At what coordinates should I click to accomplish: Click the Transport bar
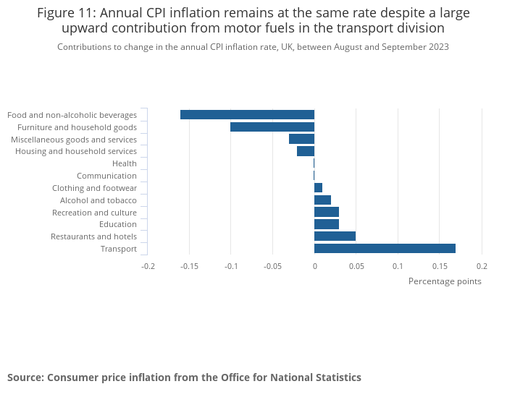pos(385,249)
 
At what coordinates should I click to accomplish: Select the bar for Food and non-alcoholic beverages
pos(247,114)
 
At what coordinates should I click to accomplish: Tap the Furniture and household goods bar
pos(272,127)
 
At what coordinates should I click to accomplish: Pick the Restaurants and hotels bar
pos(335,236)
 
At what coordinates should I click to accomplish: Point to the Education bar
pos(327,224)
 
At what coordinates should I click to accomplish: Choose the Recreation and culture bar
pos(327,212)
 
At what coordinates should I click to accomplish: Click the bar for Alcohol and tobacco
pos(322,200)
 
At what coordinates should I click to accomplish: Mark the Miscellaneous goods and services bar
pos(301,139)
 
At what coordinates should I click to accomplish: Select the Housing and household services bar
pos(306,151)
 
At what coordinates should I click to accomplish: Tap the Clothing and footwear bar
pos(318,188)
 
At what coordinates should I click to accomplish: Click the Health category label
pos(124,163)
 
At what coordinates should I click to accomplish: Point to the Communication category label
pos(106,176)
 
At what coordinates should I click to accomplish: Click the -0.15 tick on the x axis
pos(189,265)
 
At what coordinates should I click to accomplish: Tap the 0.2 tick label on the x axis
pos(482,265)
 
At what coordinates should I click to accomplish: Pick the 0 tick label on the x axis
pos(314,265)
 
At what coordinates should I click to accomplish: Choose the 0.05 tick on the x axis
pos(356,265)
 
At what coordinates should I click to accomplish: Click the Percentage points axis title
pos(445,281)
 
